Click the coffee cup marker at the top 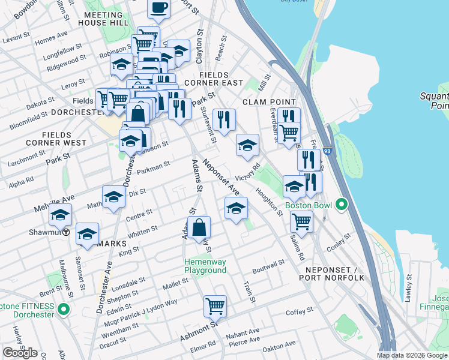point(158,8)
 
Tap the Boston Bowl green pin point(342,205)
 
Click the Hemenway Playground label point(205,266)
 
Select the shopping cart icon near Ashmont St point(214,306)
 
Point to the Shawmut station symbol point(66,232)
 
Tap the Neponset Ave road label point(221,176)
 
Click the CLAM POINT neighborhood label point(270,102)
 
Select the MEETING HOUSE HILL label point(106,18)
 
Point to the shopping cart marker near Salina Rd point(301,221)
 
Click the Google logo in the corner point(20,353)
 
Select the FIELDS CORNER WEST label point(56,139)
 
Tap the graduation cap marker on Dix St point(113,197)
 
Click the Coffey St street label point(297,313)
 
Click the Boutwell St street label point(268,265)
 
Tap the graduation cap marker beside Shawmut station point(60,214)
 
